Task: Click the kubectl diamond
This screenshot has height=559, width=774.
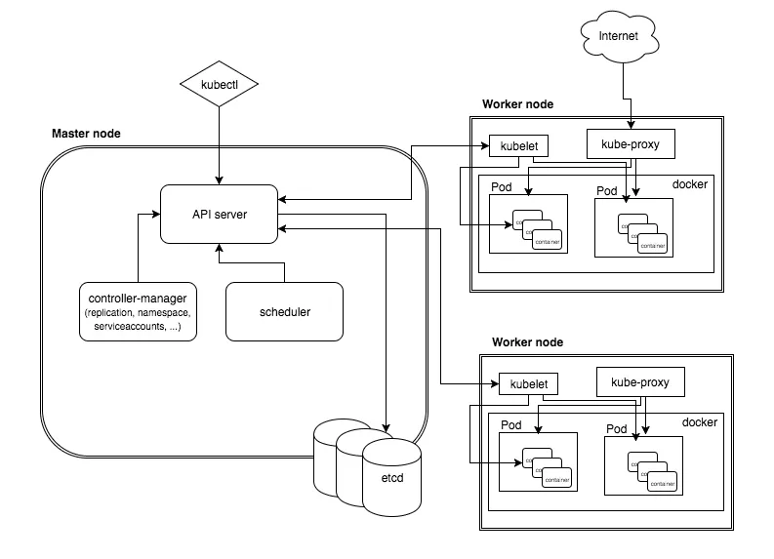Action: [x=220, y=85]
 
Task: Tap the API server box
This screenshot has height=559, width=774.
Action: [x=219, y=214]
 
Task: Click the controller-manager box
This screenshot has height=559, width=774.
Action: [x=138, y=311]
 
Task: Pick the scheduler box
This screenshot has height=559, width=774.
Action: [x=285, y=312]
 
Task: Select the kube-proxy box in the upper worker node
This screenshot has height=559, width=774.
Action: [x=631, y=144]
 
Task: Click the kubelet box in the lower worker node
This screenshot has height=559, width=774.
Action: [x=528, y=383]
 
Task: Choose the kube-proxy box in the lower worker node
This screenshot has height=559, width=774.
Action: [x=640, y=381]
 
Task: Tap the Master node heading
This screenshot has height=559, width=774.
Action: [x=86, y=134]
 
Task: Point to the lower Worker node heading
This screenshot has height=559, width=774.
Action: [x=527, y=342]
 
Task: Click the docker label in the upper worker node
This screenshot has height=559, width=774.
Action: [x=692, y=184]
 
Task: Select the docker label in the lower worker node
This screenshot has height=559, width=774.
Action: [x=700, y=422]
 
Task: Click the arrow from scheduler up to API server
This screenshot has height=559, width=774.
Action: [x=219, y=256]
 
